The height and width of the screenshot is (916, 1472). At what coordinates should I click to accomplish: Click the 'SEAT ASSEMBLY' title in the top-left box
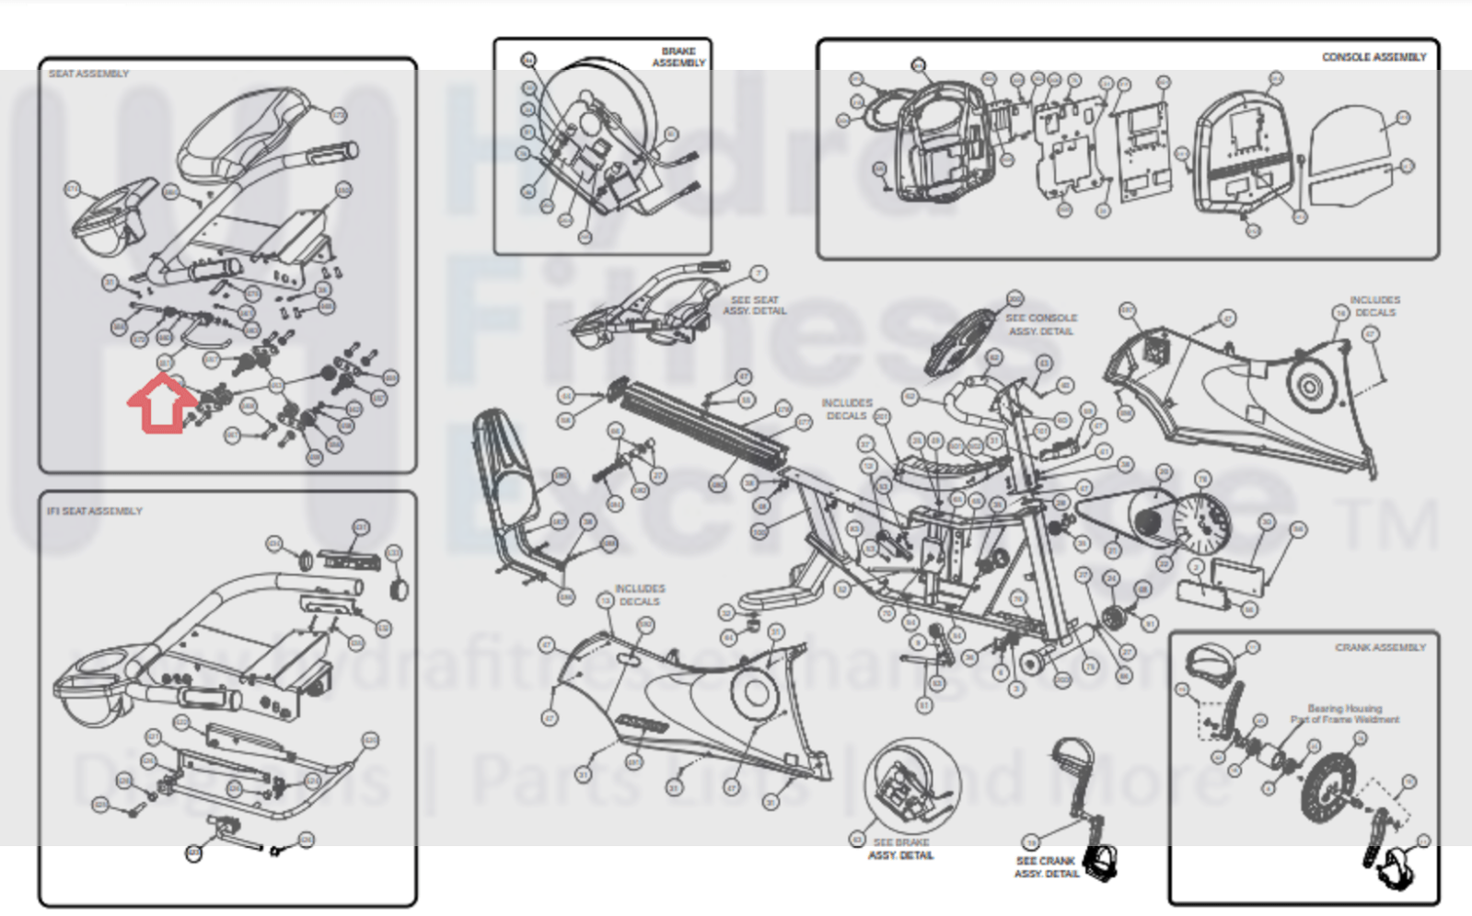click(x=88, y=74)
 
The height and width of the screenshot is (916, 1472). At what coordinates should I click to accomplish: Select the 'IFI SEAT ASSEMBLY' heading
click(x=95, y=511)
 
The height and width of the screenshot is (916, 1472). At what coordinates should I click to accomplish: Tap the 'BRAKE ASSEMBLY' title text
click(x=679, y=57)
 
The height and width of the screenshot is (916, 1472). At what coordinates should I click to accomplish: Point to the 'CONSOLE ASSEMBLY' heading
click(x=1373, y=57)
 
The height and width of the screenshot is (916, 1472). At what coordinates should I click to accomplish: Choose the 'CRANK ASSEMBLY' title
click(x=1380, y=648)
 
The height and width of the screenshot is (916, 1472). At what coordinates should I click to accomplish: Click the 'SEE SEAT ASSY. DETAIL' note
click(x=754, y=306)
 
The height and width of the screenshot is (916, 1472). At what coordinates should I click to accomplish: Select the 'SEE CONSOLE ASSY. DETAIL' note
click(x=1040, y=324)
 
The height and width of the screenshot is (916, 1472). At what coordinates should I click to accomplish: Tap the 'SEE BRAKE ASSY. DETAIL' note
click(x=900, y=849)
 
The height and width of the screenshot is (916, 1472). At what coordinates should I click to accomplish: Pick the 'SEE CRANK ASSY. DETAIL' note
click(x=1046, y=867)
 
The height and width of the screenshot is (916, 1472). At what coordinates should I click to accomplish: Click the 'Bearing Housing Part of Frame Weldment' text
click(x=1345, y=714)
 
